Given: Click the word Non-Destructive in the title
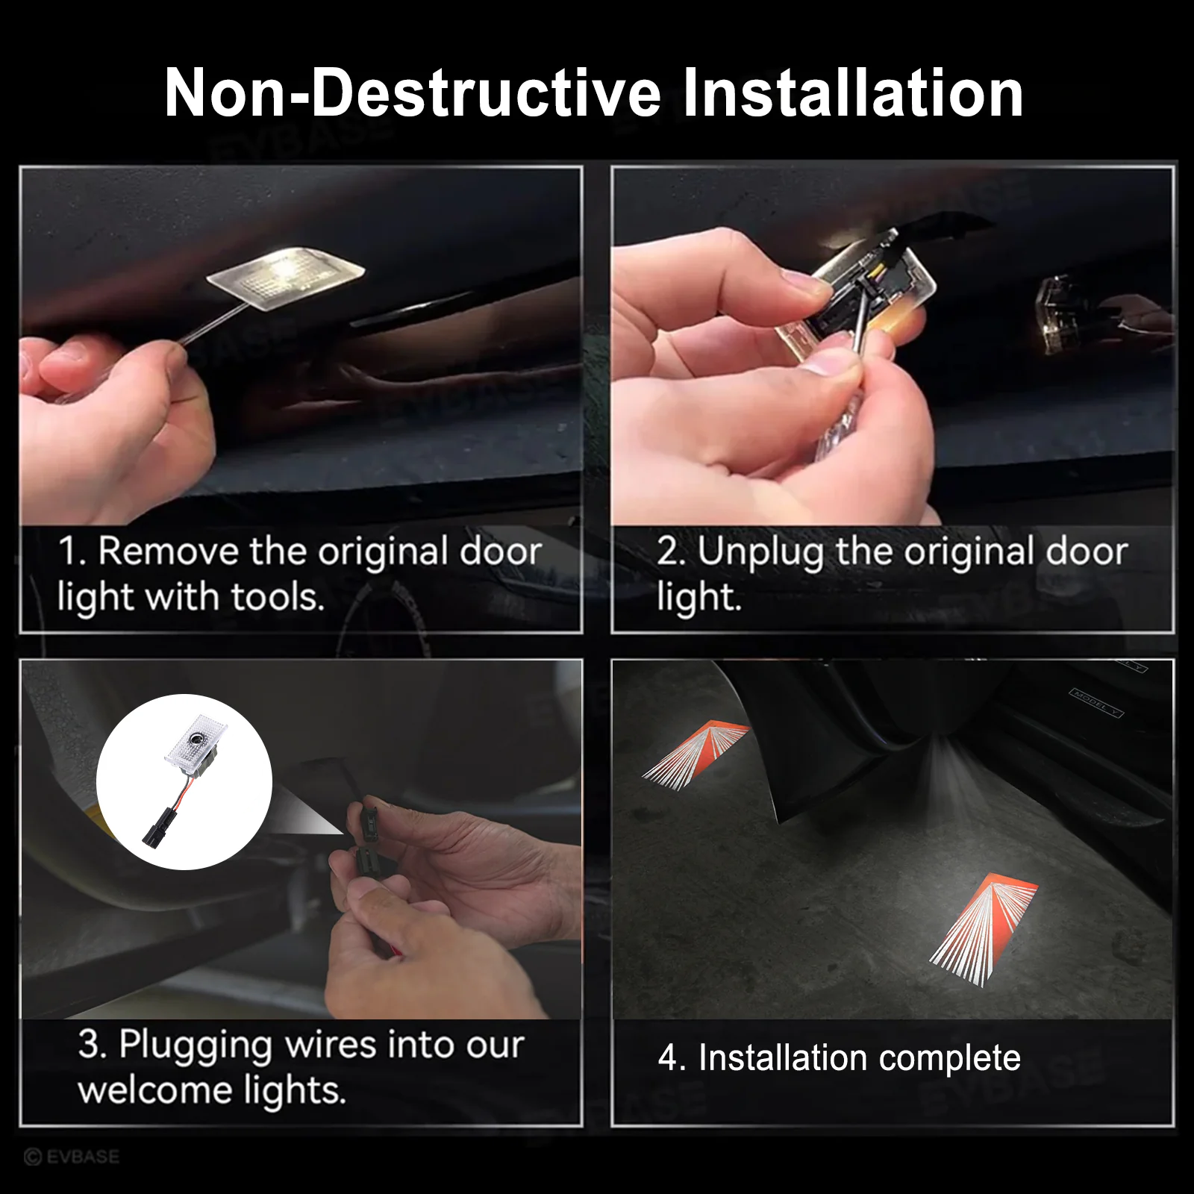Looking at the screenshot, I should point(413,93).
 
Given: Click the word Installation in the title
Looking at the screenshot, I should point(852,93).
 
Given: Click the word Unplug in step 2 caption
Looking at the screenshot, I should point(760,552).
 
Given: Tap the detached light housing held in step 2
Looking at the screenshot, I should point(866,298).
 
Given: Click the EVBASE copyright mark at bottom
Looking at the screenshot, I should point(72,1157).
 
